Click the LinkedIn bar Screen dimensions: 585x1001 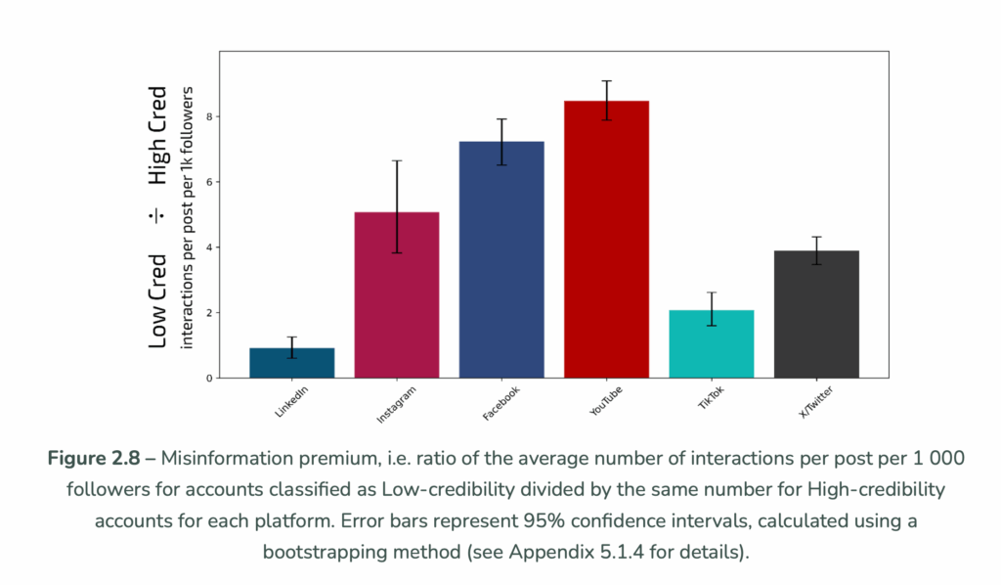point(291,363)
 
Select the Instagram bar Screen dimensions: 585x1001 point(396,294)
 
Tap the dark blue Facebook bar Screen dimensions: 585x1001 point(501,259)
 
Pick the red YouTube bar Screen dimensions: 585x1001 point(606,240)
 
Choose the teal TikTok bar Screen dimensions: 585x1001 point(712,343)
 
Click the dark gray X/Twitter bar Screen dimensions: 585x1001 point(816,314)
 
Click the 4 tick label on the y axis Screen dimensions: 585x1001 point(208,247)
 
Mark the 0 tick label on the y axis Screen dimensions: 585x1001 point(208,379)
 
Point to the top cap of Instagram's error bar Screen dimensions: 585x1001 point(397,160)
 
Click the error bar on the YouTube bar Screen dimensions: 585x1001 point(606,100)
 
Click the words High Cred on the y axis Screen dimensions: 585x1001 point(158,135)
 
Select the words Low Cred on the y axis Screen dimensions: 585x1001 point(158,300)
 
